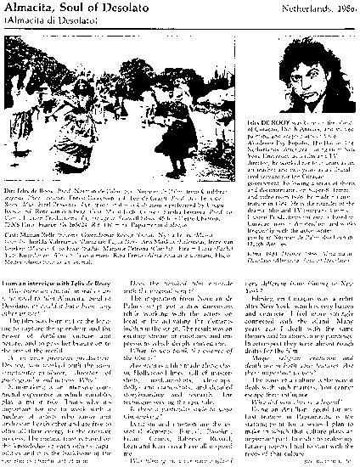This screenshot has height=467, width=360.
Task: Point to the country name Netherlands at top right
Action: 306,8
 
